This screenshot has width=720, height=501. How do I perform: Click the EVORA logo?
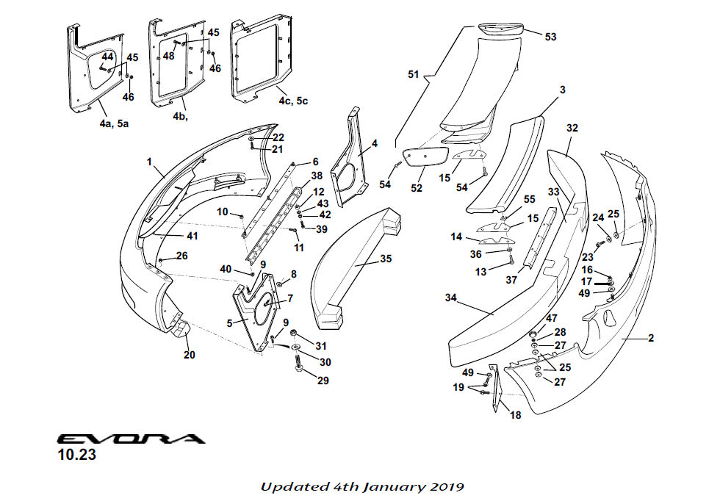131,439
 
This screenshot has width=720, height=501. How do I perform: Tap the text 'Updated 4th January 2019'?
362,486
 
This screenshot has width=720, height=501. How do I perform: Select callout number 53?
550,36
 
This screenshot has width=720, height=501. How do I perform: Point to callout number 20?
190,355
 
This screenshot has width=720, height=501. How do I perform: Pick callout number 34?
451,298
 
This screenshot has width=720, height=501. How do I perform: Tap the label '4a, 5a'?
114,124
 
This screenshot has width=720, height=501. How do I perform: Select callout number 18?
516,415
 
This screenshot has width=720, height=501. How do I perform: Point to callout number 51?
414,74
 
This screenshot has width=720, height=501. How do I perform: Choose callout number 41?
192,237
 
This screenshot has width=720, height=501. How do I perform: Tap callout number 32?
572,128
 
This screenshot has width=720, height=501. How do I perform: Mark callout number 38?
317,176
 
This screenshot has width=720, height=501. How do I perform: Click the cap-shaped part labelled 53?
502,29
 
